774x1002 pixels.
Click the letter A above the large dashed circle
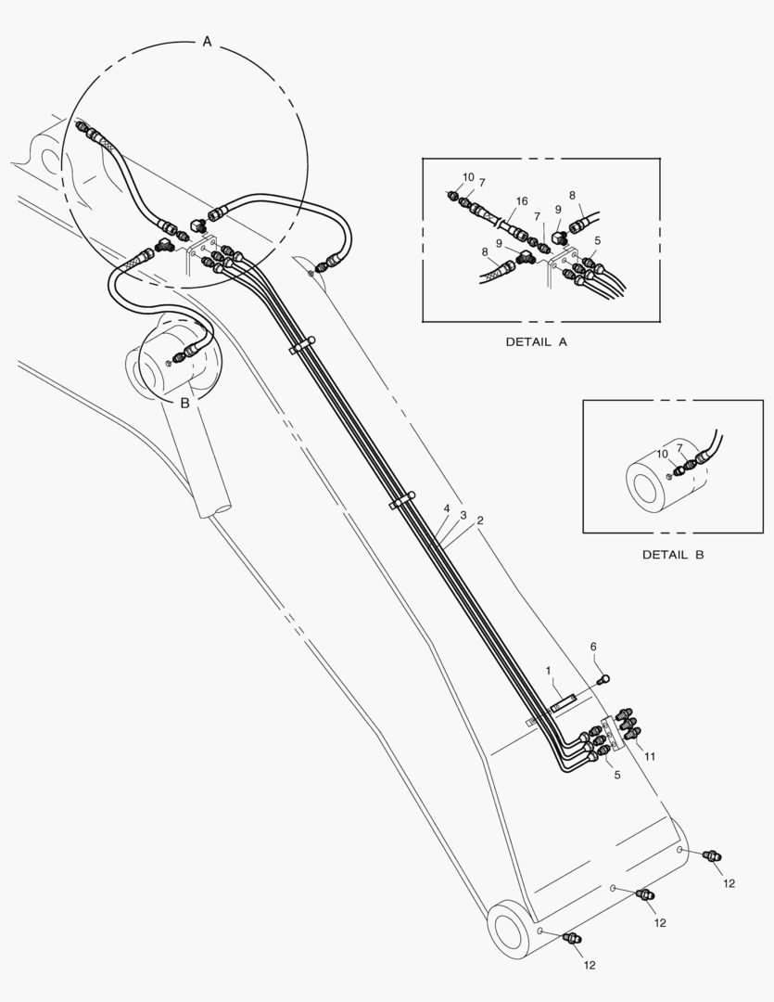[207, 42]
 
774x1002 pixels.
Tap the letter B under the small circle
[184, 404]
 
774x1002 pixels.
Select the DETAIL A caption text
[537, 341]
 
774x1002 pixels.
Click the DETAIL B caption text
[673, 555]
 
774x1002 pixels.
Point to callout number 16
[522, 201]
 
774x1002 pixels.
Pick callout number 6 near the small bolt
[593, 647]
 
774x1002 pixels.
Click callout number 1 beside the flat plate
[548, 671]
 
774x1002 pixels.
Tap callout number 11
[650, 757]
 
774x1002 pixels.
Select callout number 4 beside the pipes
[447, 508]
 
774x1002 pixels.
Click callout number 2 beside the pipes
[480, 520]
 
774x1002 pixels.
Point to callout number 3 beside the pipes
[463, 515]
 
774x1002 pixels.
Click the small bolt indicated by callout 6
[603, 680]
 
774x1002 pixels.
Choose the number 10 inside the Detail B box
[663, 454]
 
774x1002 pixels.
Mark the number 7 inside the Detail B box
[679, 448]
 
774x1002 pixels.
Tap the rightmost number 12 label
[730, 883]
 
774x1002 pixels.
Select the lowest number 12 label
[590, 965]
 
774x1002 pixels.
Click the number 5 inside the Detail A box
[597, 241]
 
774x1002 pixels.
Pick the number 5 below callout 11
[617, 775]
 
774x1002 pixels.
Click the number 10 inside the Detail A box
[469, 177]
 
